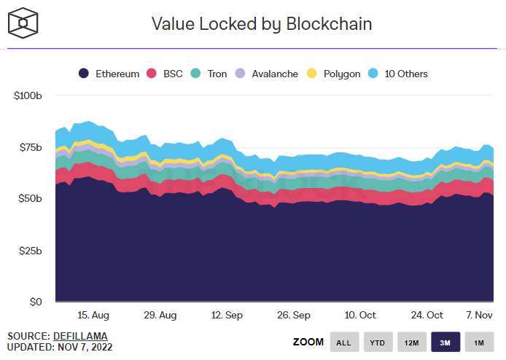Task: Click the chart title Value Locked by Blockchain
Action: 262,24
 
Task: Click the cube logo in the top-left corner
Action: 23,23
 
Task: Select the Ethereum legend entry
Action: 109,74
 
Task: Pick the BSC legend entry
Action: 167,74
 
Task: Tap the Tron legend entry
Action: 209,74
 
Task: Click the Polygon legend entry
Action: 335,74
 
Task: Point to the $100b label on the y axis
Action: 28,95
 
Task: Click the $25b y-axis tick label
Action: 30,251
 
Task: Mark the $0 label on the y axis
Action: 36,302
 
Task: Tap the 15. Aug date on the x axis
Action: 93,315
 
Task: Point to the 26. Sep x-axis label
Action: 295,315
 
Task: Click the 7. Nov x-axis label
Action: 479,315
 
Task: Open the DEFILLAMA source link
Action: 80,336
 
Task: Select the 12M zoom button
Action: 411,342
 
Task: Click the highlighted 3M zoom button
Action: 445,342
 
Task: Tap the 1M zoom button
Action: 479,342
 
